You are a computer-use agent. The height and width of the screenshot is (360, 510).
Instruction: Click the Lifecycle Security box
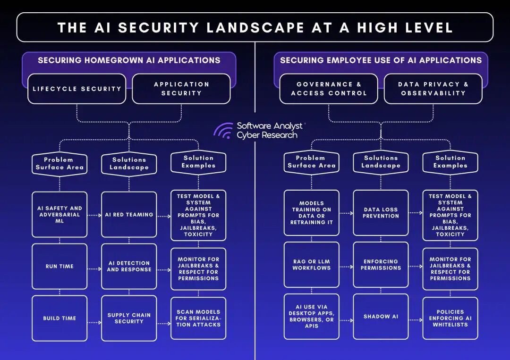coord(76,89)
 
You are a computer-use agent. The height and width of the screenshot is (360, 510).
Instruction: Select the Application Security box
coord(181,89)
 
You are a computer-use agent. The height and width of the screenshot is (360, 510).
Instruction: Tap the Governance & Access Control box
coord(329,89)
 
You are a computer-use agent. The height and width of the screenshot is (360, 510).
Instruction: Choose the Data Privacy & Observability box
coord(433,89)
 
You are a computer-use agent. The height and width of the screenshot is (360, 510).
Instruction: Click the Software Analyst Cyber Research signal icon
coord(223,131)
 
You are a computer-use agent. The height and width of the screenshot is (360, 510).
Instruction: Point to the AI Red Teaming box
coord(129,215)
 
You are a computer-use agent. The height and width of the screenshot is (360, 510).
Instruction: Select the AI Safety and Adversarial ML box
coord(59,215)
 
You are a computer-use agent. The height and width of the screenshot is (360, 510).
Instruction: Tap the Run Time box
coord(59,267)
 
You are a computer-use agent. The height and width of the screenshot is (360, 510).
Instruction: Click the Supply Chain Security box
coord(129,318)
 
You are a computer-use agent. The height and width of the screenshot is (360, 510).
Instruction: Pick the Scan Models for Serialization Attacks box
coord(198,318)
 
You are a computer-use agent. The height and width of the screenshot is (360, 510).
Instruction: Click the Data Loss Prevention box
coord(381,213)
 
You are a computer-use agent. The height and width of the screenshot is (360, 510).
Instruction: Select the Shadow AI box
coord(381,317)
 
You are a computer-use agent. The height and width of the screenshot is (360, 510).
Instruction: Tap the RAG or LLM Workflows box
coord(311,265)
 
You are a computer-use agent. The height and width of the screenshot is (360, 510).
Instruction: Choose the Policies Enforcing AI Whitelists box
coord(450,318)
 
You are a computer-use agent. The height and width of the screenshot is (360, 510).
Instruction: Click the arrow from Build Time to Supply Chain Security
coord(94,323)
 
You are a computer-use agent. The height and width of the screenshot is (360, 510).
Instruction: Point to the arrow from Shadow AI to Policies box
coord(416,320)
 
